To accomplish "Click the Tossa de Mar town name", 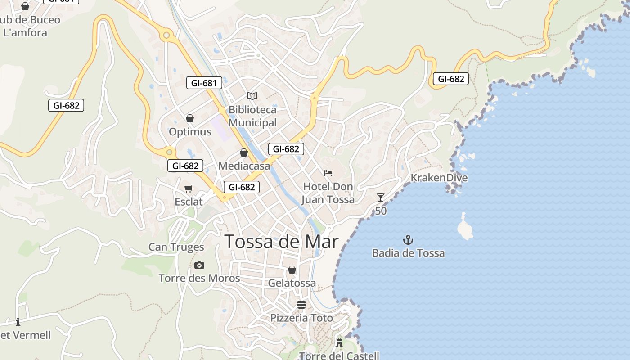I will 281,242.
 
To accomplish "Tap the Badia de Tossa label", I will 408,253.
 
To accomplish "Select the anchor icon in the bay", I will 408,239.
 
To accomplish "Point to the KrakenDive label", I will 439,178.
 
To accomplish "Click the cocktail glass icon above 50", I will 381,198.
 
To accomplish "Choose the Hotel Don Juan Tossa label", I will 328,193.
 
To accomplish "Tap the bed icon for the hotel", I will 328,173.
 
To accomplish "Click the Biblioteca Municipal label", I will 252,116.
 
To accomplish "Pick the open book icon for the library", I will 252,96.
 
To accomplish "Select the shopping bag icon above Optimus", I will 190,118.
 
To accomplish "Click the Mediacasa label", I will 244,166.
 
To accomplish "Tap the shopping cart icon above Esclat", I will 189,189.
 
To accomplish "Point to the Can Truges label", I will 176,247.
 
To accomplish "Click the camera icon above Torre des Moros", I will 199,265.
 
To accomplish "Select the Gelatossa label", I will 292,283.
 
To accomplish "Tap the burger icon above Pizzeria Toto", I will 301,305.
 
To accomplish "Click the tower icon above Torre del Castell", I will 339,342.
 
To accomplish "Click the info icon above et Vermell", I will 18,322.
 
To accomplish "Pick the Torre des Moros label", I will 199,278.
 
